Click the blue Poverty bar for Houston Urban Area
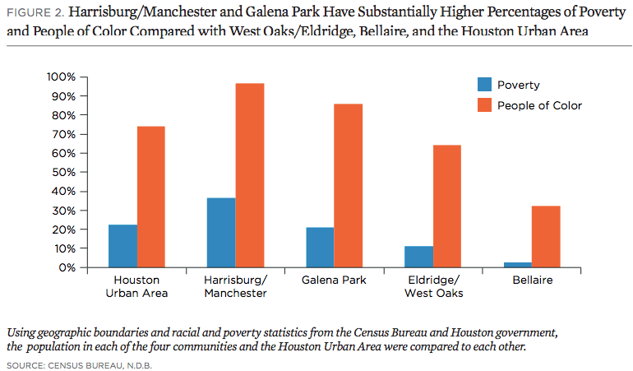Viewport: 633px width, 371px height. (x=122, y=246)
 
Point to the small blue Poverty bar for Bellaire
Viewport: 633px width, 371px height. (x=517, y=265)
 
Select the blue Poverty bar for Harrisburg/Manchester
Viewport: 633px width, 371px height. (x=221, y=233)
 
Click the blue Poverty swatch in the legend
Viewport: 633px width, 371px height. (x=484, y=84)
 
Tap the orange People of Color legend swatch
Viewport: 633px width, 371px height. (x=484, y=104)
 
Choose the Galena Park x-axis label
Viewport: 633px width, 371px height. (x=334, y=281)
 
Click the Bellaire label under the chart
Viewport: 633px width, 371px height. (x=531, y=281)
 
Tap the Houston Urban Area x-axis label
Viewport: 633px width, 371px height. (x=136, y=286)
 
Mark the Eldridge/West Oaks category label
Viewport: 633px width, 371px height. (x=432, y=286)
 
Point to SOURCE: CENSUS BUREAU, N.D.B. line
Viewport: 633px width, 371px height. (x=80, y=363)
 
